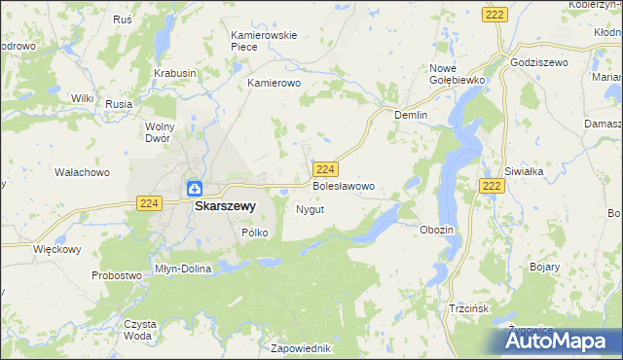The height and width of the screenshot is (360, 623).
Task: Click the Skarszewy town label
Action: click(x=225, y=206)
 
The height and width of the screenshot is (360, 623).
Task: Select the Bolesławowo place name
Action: click(x=343, y=185)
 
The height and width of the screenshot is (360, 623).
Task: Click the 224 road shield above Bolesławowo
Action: click(x=326, y=168)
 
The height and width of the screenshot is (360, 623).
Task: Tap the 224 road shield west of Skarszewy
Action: click(x=148, y=202)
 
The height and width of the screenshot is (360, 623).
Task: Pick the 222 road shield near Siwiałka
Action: click(x=492, y=185)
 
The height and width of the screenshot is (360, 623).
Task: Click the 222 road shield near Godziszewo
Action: click(x=494, y=14)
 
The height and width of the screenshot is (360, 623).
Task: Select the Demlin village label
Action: click(x=411, y=114)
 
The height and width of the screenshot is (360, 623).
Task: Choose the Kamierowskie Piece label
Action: click(x=263, y=41)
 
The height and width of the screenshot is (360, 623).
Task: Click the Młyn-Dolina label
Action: click(x=183, y=268)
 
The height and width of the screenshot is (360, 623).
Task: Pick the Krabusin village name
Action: click(x=175, y=73)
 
